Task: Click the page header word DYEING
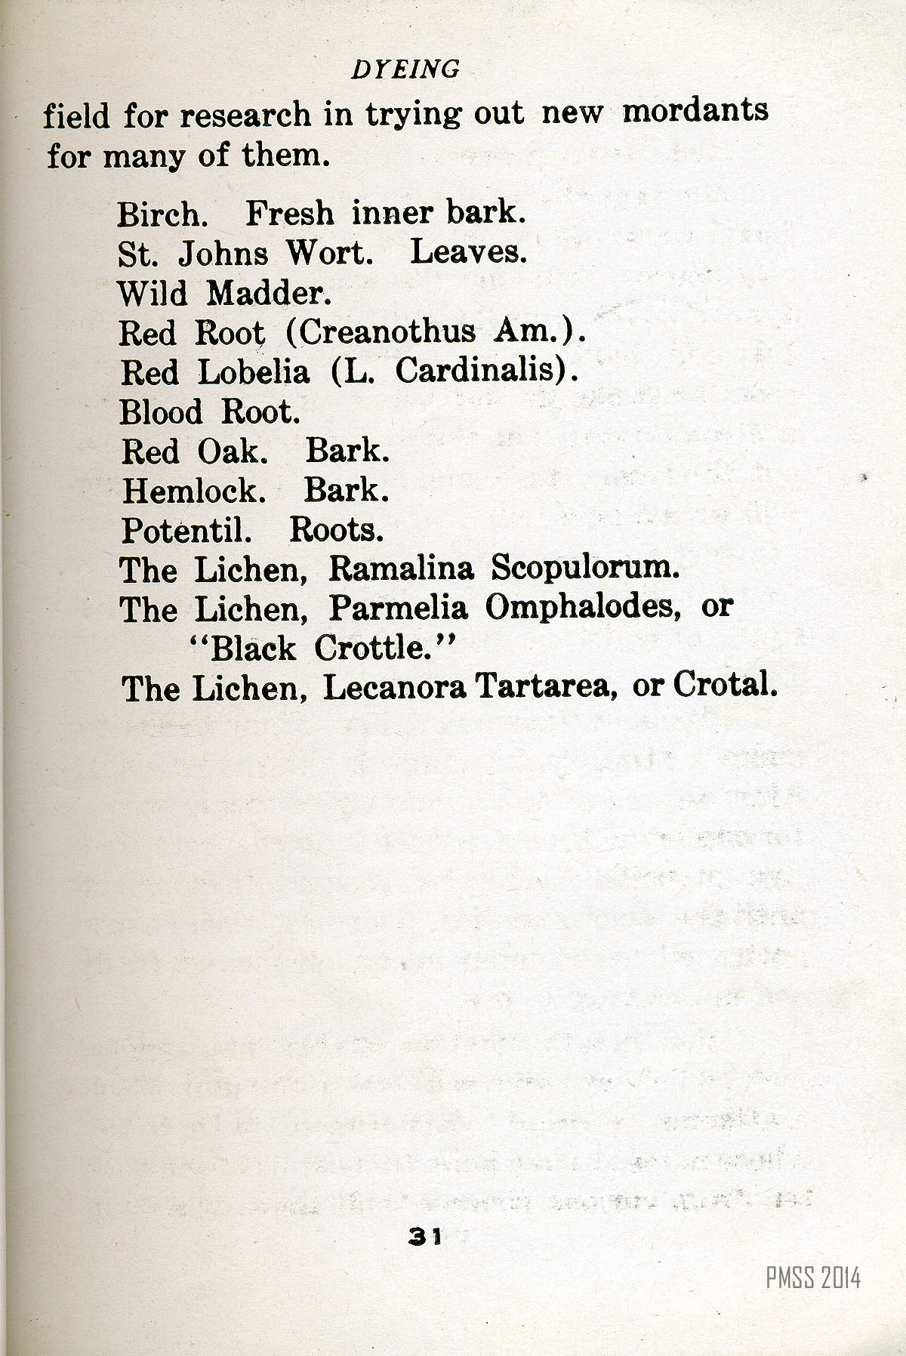tap(405, 69)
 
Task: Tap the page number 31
tap(424, 1236)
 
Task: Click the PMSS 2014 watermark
tap(812, 1278)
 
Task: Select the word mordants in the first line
tap(695, 111)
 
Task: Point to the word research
tap(245, 115)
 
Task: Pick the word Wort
tap(330, 253)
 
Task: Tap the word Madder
tap(270, 293)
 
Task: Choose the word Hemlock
tap(194, 492)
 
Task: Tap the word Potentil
tap(186, 531)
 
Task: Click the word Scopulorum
tap(586, 569)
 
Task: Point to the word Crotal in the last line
tap(725, 685)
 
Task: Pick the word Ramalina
tap(401, 569)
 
